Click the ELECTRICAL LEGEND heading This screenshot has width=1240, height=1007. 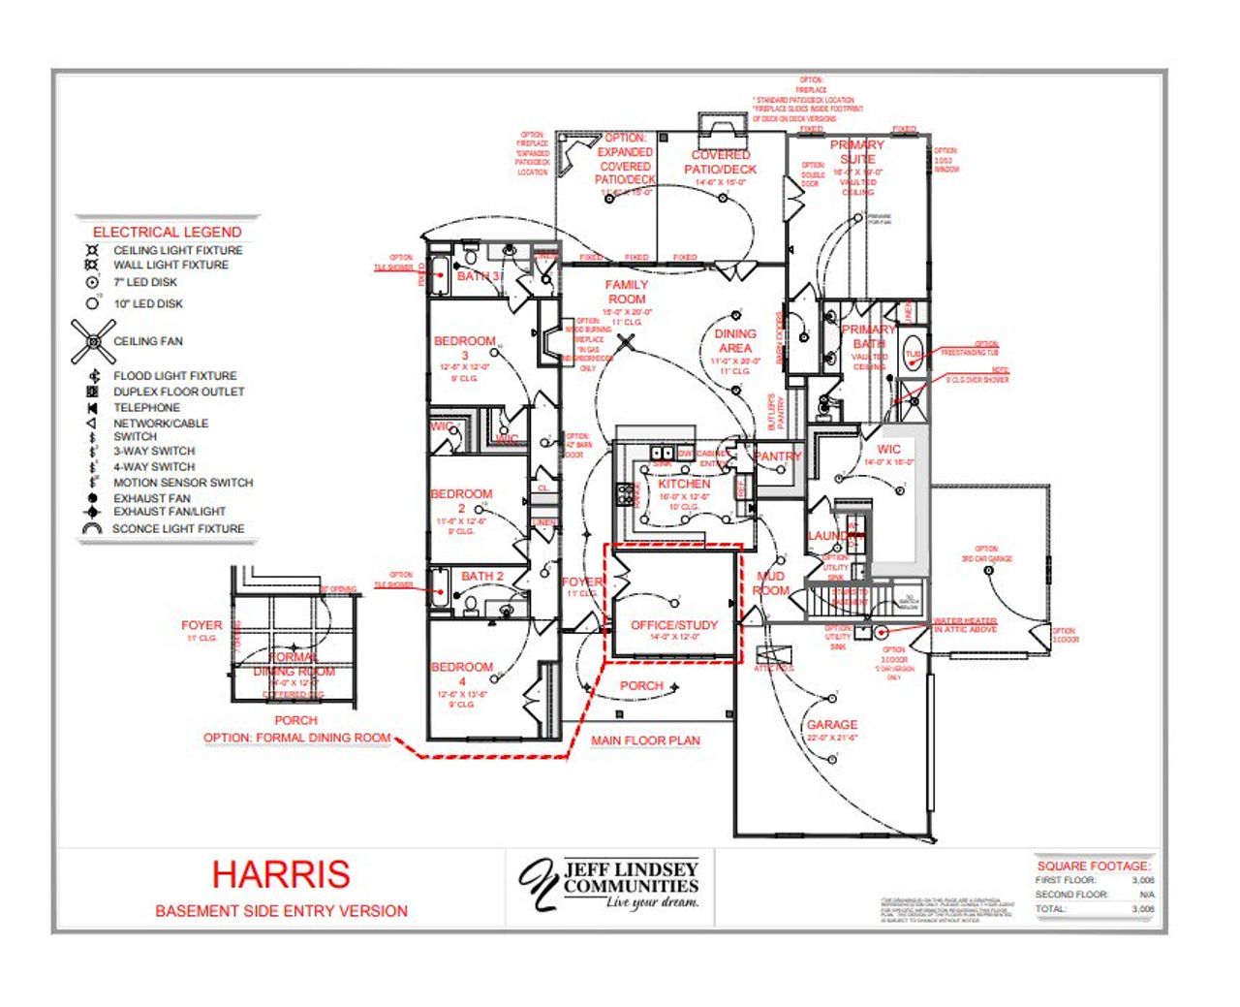point(167,232)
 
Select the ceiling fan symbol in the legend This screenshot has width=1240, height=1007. point(93,341)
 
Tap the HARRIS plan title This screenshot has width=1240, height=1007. point(281,874)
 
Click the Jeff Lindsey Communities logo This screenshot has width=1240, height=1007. point(609,884)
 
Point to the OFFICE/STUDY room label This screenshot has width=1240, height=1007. point(674,625)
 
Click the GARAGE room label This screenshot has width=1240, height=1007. point(832,725)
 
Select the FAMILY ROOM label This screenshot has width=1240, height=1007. point(626,292)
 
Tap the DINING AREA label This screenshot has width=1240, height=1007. point(734,340)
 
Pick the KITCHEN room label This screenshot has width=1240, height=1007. point(684,484)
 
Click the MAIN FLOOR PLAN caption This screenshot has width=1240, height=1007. point(645,740)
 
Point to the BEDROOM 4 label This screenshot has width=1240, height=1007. point(462,674)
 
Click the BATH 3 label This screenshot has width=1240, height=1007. point(479,276)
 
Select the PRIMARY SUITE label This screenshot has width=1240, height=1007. point(857,151)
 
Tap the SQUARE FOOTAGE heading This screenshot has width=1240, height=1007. point(1094,865)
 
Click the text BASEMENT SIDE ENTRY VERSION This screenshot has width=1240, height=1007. point(281,911)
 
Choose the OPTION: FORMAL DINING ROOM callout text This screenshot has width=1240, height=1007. point(296,738)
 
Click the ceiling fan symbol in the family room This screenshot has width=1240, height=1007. point(628,340)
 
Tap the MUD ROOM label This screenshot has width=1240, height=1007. point(771,583)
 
